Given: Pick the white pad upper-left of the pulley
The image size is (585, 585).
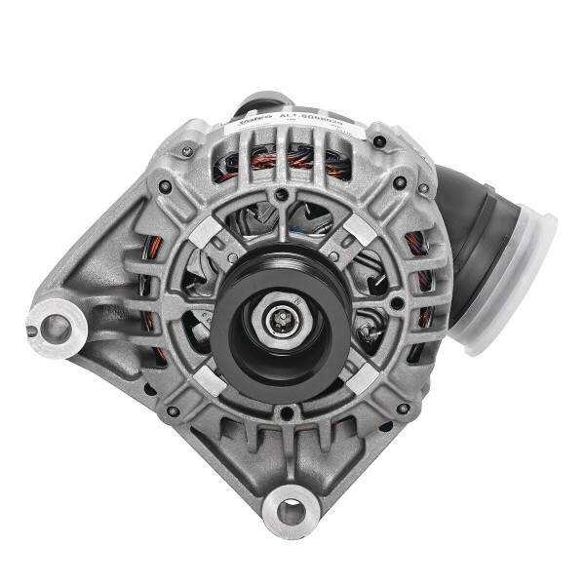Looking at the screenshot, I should tap(208, 229).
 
